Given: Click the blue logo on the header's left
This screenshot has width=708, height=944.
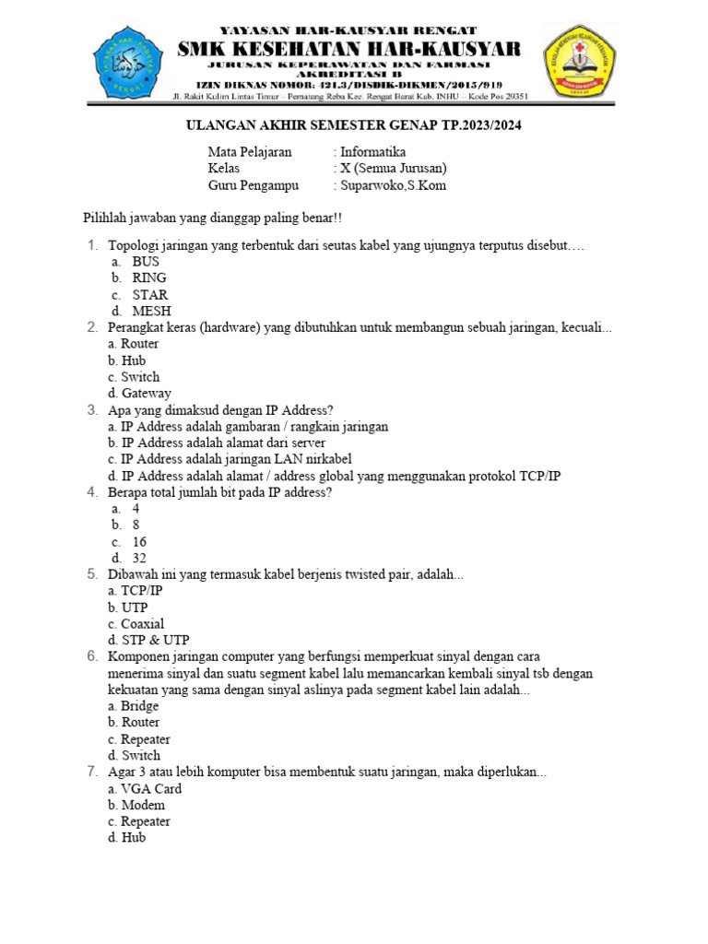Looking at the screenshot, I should click(132, 63).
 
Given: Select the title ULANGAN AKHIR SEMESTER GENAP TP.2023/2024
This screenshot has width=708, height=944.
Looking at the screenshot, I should click(354, 125).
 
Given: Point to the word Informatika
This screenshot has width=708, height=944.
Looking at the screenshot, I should click(372, 152).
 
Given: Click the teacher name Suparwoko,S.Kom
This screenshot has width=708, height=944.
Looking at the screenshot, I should click(393, 185).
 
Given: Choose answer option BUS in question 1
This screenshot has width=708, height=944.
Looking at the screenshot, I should click(146, 262).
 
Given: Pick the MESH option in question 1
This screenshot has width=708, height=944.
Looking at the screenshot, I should click(151, 312).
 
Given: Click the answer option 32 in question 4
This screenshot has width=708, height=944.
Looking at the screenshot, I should click(139, 558).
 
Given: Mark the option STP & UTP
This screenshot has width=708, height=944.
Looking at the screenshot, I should click(148, 640).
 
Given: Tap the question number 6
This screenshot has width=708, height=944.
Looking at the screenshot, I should click(93, 656).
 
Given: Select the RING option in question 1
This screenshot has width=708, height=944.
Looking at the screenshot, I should click(149, 277).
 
